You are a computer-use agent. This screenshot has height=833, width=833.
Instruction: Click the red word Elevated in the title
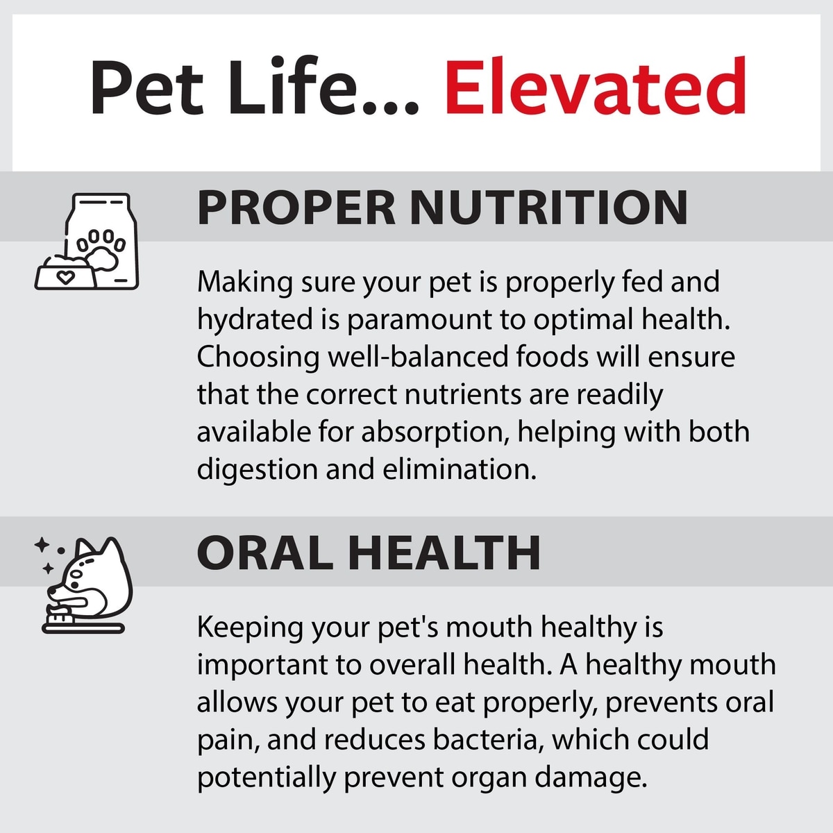[x=595, y=85]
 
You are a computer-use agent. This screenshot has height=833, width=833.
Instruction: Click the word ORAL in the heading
[x=264, y=553]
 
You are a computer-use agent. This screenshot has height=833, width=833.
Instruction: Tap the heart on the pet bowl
[x=65, y=277]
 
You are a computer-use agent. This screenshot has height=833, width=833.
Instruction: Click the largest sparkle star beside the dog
[x=42, y=545]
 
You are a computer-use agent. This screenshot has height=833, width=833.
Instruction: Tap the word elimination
[x=460, y=469]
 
